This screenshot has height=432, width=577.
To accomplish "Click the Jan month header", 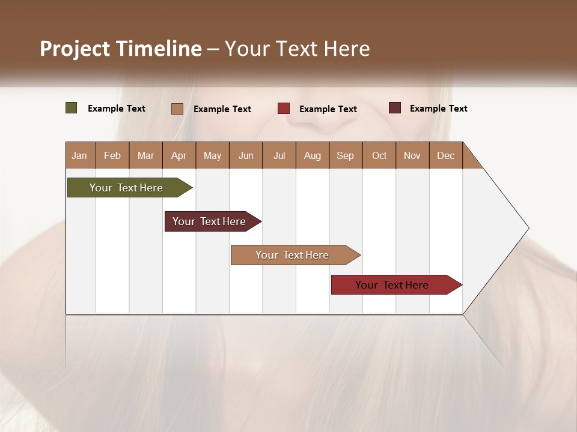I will pos(80,155).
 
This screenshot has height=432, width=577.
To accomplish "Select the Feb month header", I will pos(112,155).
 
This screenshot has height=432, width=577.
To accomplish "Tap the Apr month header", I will pos(179,155).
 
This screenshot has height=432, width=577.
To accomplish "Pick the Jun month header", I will pos(246,155).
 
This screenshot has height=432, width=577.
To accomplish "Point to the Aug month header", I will pos(313,155).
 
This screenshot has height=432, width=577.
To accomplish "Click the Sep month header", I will pos(346,155).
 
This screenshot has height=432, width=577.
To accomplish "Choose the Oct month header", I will pos(379,155).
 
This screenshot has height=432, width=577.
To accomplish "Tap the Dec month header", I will pos(446,155).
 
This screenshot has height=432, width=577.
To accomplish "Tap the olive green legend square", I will pos(72,108).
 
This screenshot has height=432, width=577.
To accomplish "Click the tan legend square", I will pos(177,109).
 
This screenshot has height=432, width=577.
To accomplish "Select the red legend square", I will pos(284,109).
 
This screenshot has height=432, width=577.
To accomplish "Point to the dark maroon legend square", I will pos(395,108).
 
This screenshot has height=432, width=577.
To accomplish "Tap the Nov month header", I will pos(412,155).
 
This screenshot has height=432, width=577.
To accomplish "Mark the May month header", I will pos(212,155).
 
